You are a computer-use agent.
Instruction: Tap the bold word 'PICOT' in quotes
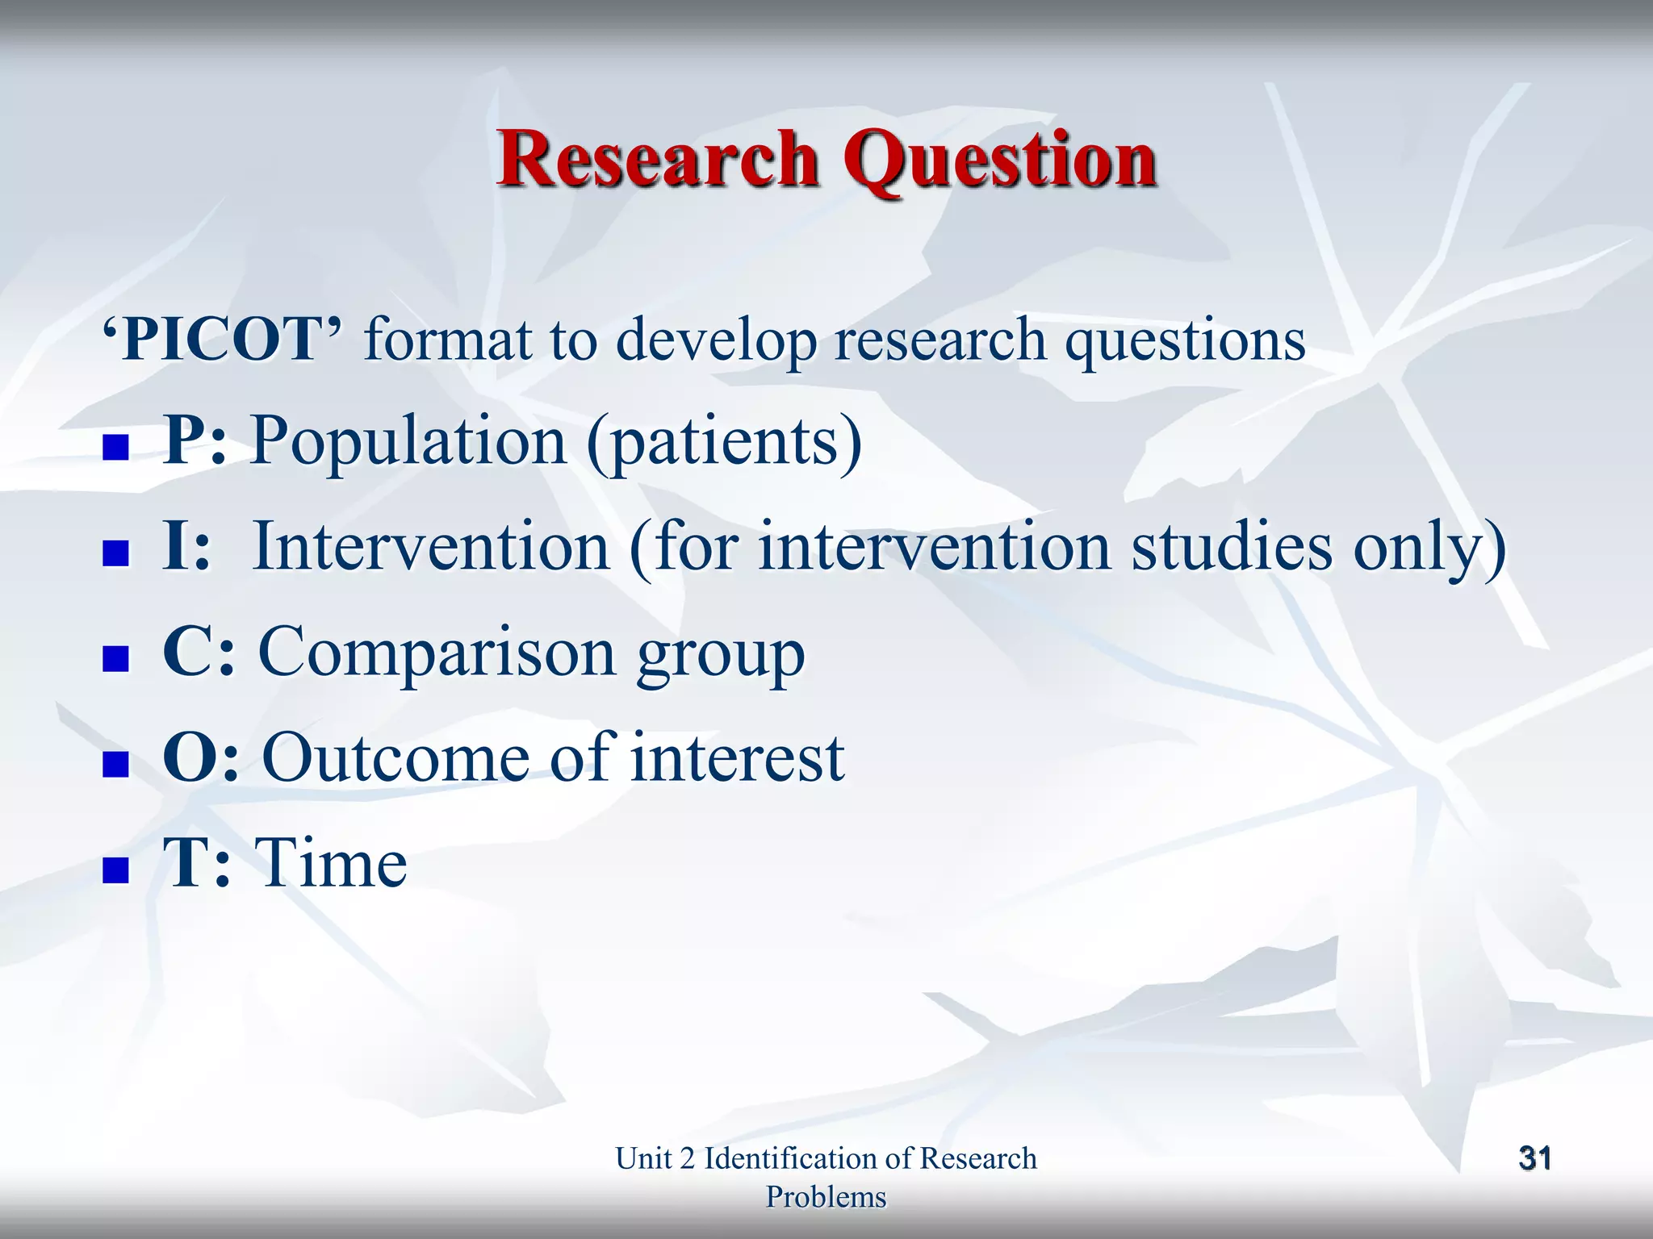[x=223, y=340]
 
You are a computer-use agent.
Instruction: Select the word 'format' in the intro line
[x=448, y=340]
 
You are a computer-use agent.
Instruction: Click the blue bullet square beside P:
[x=116, y=447]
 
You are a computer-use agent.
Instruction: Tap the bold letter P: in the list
[x=195, y=440]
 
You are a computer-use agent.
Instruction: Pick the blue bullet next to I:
[x=116, y=553]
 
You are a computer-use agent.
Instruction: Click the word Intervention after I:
[x=431, y=547]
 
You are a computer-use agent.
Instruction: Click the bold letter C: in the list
[x=199, y=652]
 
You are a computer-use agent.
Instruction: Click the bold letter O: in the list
[x=201, y=758]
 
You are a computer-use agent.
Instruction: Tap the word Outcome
[x=396, y=758]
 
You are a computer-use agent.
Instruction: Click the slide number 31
[x=1534, y=1158]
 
